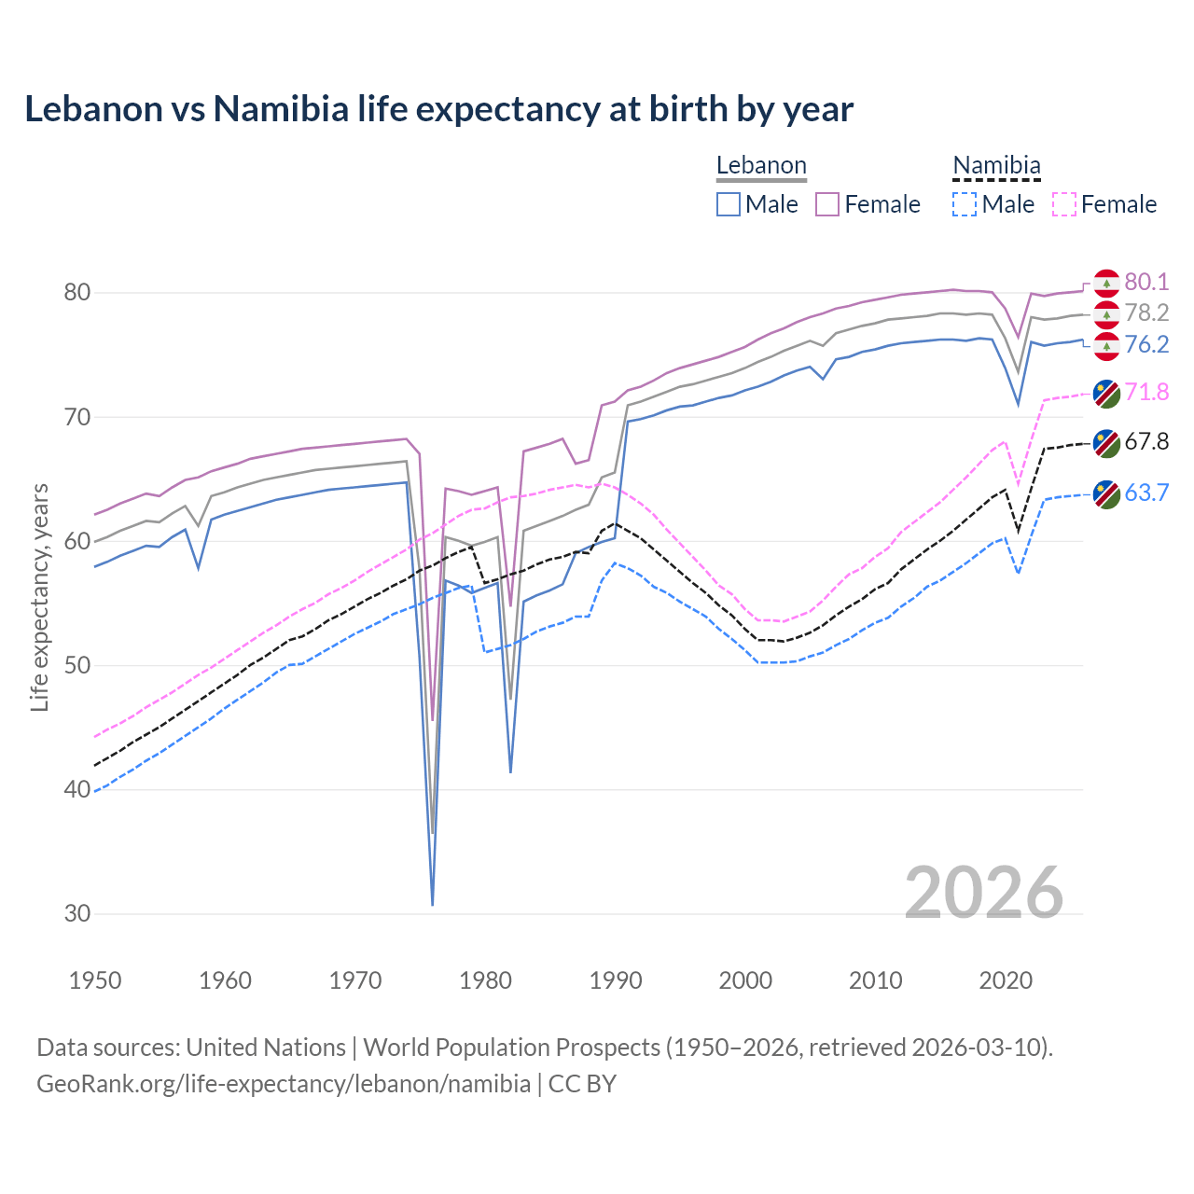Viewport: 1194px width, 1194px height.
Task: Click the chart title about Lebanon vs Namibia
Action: pos(438,109)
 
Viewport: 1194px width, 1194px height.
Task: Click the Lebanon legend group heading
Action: pos(761,166)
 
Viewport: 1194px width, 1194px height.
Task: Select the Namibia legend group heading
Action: pos(996,166)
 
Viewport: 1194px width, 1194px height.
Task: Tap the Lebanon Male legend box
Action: pos(729,204)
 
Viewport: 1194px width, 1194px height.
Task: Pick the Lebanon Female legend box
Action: pos(827,204)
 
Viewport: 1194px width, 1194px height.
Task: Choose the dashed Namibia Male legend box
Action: pos(965,204)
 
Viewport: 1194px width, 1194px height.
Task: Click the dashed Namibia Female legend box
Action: pos(1063,204)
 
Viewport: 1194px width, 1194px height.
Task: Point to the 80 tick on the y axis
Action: pos(77,293)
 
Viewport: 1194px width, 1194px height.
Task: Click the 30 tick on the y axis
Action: pos(77,914)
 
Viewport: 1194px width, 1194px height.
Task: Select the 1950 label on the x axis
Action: pos(95,980)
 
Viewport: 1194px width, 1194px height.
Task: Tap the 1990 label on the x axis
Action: pos(616,980)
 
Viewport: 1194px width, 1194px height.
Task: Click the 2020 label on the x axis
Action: pos(1006,980)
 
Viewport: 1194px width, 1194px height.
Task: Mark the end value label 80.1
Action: pos(1146,283)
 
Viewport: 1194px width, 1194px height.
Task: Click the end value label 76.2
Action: pos(1146,345)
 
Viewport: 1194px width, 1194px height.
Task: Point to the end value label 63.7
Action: pos(1146,493)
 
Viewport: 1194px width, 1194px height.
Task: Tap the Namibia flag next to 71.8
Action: pos(1106,394)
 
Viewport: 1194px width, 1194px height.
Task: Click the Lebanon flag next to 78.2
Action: pos(1106,314)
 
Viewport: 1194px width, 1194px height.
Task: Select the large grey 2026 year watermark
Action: pos(984,893)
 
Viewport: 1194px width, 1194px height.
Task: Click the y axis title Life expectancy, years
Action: pos(40,597)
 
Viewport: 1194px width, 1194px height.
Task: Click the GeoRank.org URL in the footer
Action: pos(284,1084)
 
